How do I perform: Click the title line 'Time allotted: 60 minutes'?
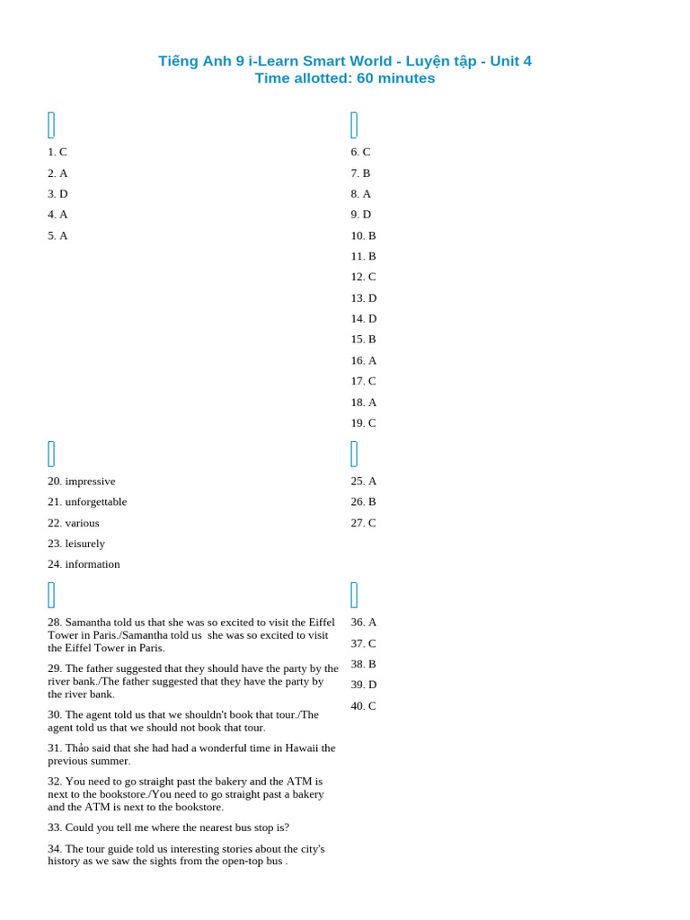(x=344, y=78)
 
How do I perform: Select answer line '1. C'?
(x=57, y=152)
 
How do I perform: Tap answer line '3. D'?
(x=57, y=193)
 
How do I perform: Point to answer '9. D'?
(x=360, y=214)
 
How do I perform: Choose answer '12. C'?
(x=363, y=277)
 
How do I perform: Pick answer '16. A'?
(x=363, y=360)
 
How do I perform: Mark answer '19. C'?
(x=363, y=422)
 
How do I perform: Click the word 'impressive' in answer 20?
(x=90, y=481)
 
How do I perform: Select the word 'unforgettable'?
(x=96, y=501)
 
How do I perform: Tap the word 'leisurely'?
(x=84, y=543)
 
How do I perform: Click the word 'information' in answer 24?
(x=93, y=563)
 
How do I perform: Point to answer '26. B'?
(x=363, y=501)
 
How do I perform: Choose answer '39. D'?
(x=363, y=684)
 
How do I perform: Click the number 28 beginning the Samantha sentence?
(x=55, y=622)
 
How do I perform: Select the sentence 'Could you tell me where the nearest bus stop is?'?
(x=177, y=827)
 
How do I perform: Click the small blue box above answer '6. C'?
(x=354, y=125)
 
